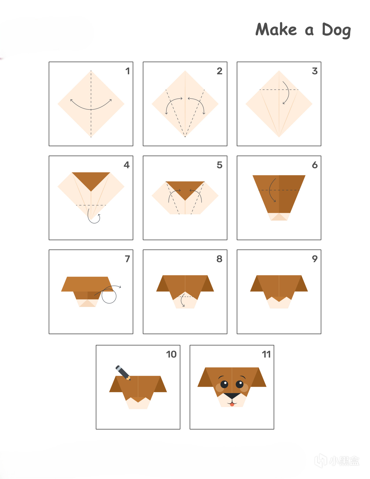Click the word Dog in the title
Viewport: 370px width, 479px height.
(x=336, y=30)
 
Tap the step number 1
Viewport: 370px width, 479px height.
(x=127, y=71)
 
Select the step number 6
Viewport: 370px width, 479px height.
(x=315, y=165)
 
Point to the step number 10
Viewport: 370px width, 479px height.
(x=171, y=354)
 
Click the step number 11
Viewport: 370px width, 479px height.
(x=266, y=354)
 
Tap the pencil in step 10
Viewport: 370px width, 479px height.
(x=123, y=373)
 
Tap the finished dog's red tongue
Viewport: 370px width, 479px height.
(x=232, y=404)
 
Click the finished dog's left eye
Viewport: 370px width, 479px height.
(x=224, y=384)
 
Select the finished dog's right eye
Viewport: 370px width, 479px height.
(x=240, y=384)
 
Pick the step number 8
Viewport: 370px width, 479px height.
(x=219, y=259)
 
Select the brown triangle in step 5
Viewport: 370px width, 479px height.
(x=185, y=189)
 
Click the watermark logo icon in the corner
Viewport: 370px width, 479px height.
(x=321, y=460)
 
